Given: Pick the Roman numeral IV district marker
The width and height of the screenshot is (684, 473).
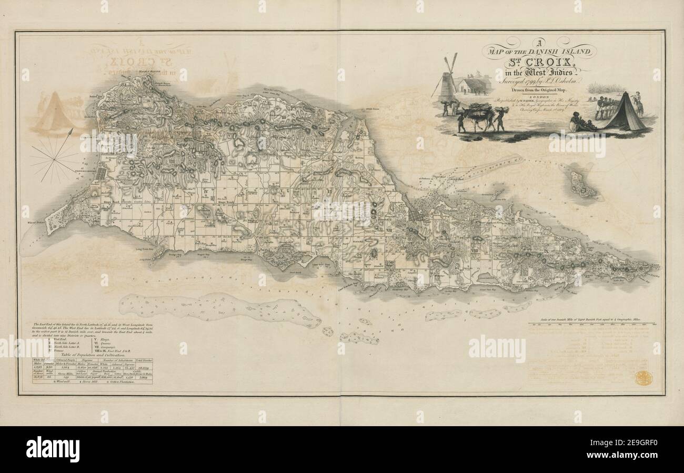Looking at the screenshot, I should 206,190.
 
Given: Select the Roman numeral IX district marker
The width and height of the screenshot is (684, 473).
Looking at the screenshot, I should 546,251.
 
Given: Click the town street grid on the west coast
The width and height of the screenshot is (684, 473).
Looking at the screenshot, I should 102,174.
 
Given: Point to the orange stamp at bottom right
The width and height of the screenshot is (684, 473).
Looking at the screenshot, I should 642,378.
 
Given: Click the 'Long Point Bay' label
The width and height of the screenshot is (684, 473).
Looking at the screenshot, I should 145,249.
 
